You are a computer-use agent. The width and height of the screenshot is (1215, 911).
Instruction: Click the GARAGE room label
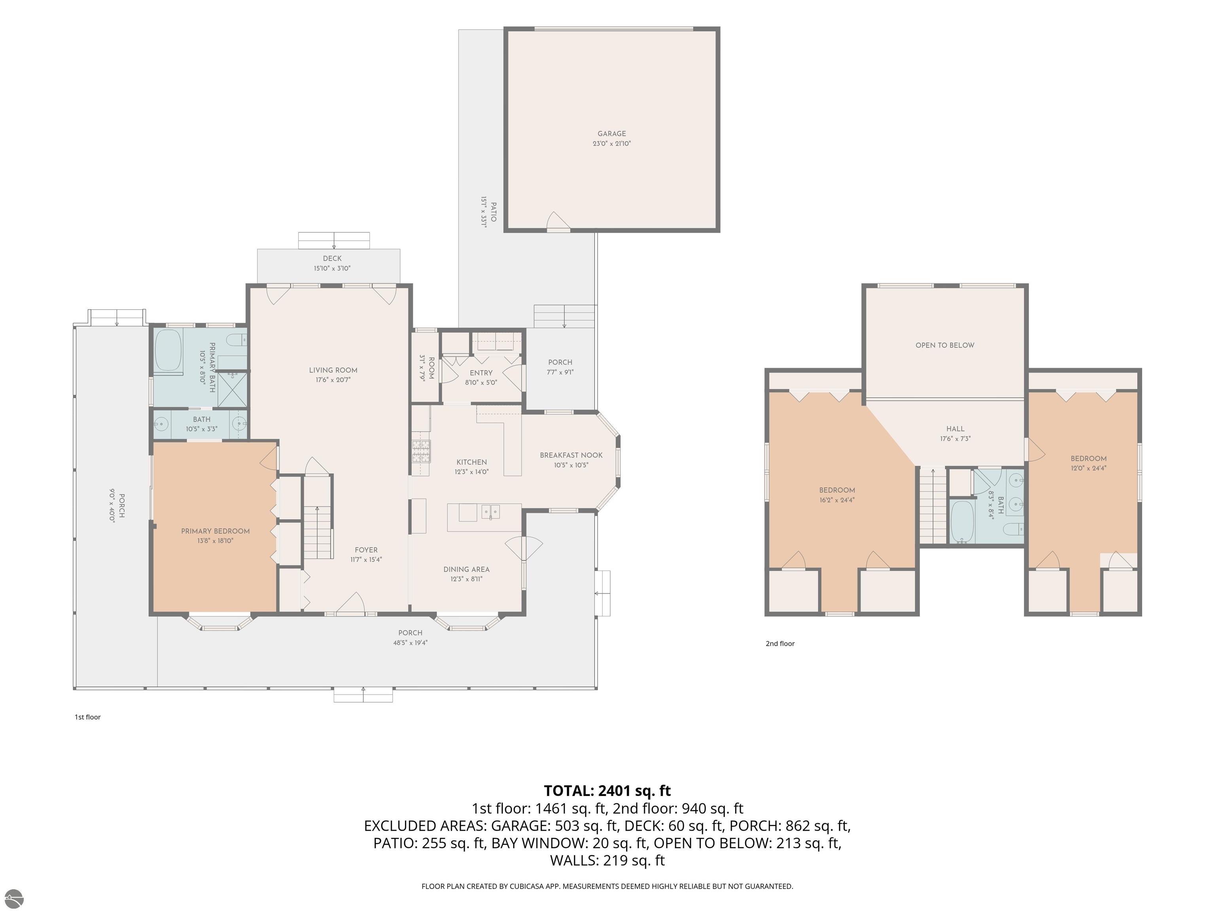click(x=611, y=133)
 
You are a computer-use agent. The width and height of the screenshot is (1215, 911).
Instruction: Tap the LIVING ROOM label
click(x=333, y=370)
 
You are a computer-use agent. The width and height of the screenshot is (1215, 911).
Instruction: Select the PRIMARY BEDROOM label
click(x=215, y=531)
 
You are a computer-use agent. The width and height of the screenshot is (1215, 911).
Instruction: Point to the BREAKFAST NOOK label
click(x=571, y=455)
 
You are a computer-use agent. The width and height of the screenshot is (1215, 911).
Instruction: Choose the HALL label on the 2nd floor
click(x=955, y=429)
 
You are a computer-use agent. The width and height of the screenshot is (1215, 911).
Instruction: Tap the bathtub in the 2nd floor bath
click(x=962, y=521)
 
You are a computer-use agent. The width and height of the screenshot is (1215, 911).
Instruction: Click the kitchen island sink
click(x=490, y=513)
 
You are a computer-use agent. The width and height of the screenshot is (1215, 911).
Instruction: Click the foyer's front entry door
click(x=351, y=603)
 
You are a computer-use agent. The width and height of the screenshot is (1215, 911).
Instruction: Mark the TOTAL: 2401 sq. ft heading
click(x=607, y=791)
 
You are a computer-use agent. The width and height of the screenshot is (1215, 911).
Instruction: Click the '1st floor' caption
click(x=88, y=717)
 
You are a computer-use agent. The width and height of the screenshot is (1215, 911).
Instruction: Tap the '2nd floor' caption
click(x=780, y=644)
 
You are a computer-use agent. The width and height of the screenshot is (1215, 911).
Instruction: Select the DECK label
click(x=332, y=258)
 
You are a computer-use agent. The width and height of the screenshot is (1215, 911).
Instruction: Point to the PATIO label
click(x=493, y=212)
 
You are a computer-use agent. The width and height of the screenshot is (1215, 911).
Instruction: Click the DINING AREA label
click(x=466, y=569)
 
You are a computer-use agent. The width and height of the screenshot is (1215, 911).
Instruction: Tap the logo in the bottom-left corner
click(x=14, y=898)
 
